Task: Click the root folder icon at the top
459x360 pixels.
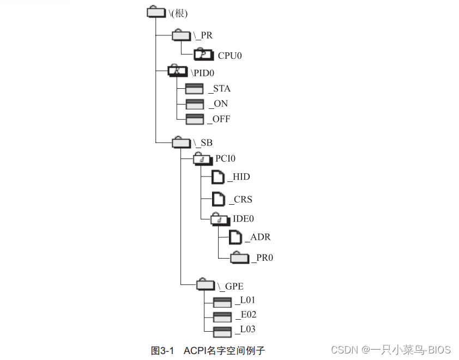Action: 156,12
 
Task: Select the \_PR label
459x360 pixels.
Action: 203,36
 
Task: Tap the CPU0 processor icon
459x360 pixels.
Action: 204,54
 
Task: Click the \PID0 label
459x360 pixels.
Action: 204,72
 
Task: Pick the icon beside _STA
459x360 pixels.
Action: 195,89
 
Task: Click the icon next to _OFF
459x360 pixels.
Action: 195,119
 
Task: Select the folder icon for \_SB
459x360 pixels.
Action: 181,142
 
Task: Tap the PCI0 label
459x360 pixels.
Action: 225,159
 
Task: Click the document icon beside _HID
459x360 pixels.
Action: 218,178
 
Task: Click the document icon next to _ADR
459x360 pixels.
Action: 235,237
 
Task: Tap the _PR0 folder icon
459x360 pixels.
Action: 239,258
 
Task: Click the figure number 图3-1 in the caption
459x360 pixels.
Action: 162,350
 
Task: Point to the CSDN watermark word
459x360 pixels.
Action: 343,350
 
